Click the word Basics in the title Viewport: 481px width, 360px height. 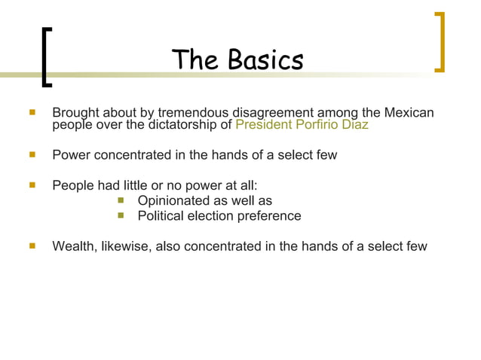click(x=266, y=59)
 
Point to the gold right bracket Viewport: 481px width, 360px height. click(x=440, y=42)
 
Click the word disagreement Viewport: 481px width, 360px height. click(x=274, y=113)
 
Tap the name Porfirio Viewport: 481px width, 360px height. click(x=320, y=125)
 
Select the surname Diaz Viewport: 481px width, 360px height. click(x=357, y=125)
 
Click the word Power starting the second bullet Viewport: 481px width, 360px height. click(x=71, y=155)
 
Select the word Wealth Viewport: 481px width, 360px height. click(x=72, y=246)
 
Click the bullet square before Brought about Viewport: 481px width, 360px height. click(x=32, y=113)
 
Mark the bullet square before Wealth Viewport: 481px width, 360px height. click(x=32, y=246)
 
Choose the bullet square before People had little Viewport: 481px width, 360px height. click(x=32, y=185)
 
